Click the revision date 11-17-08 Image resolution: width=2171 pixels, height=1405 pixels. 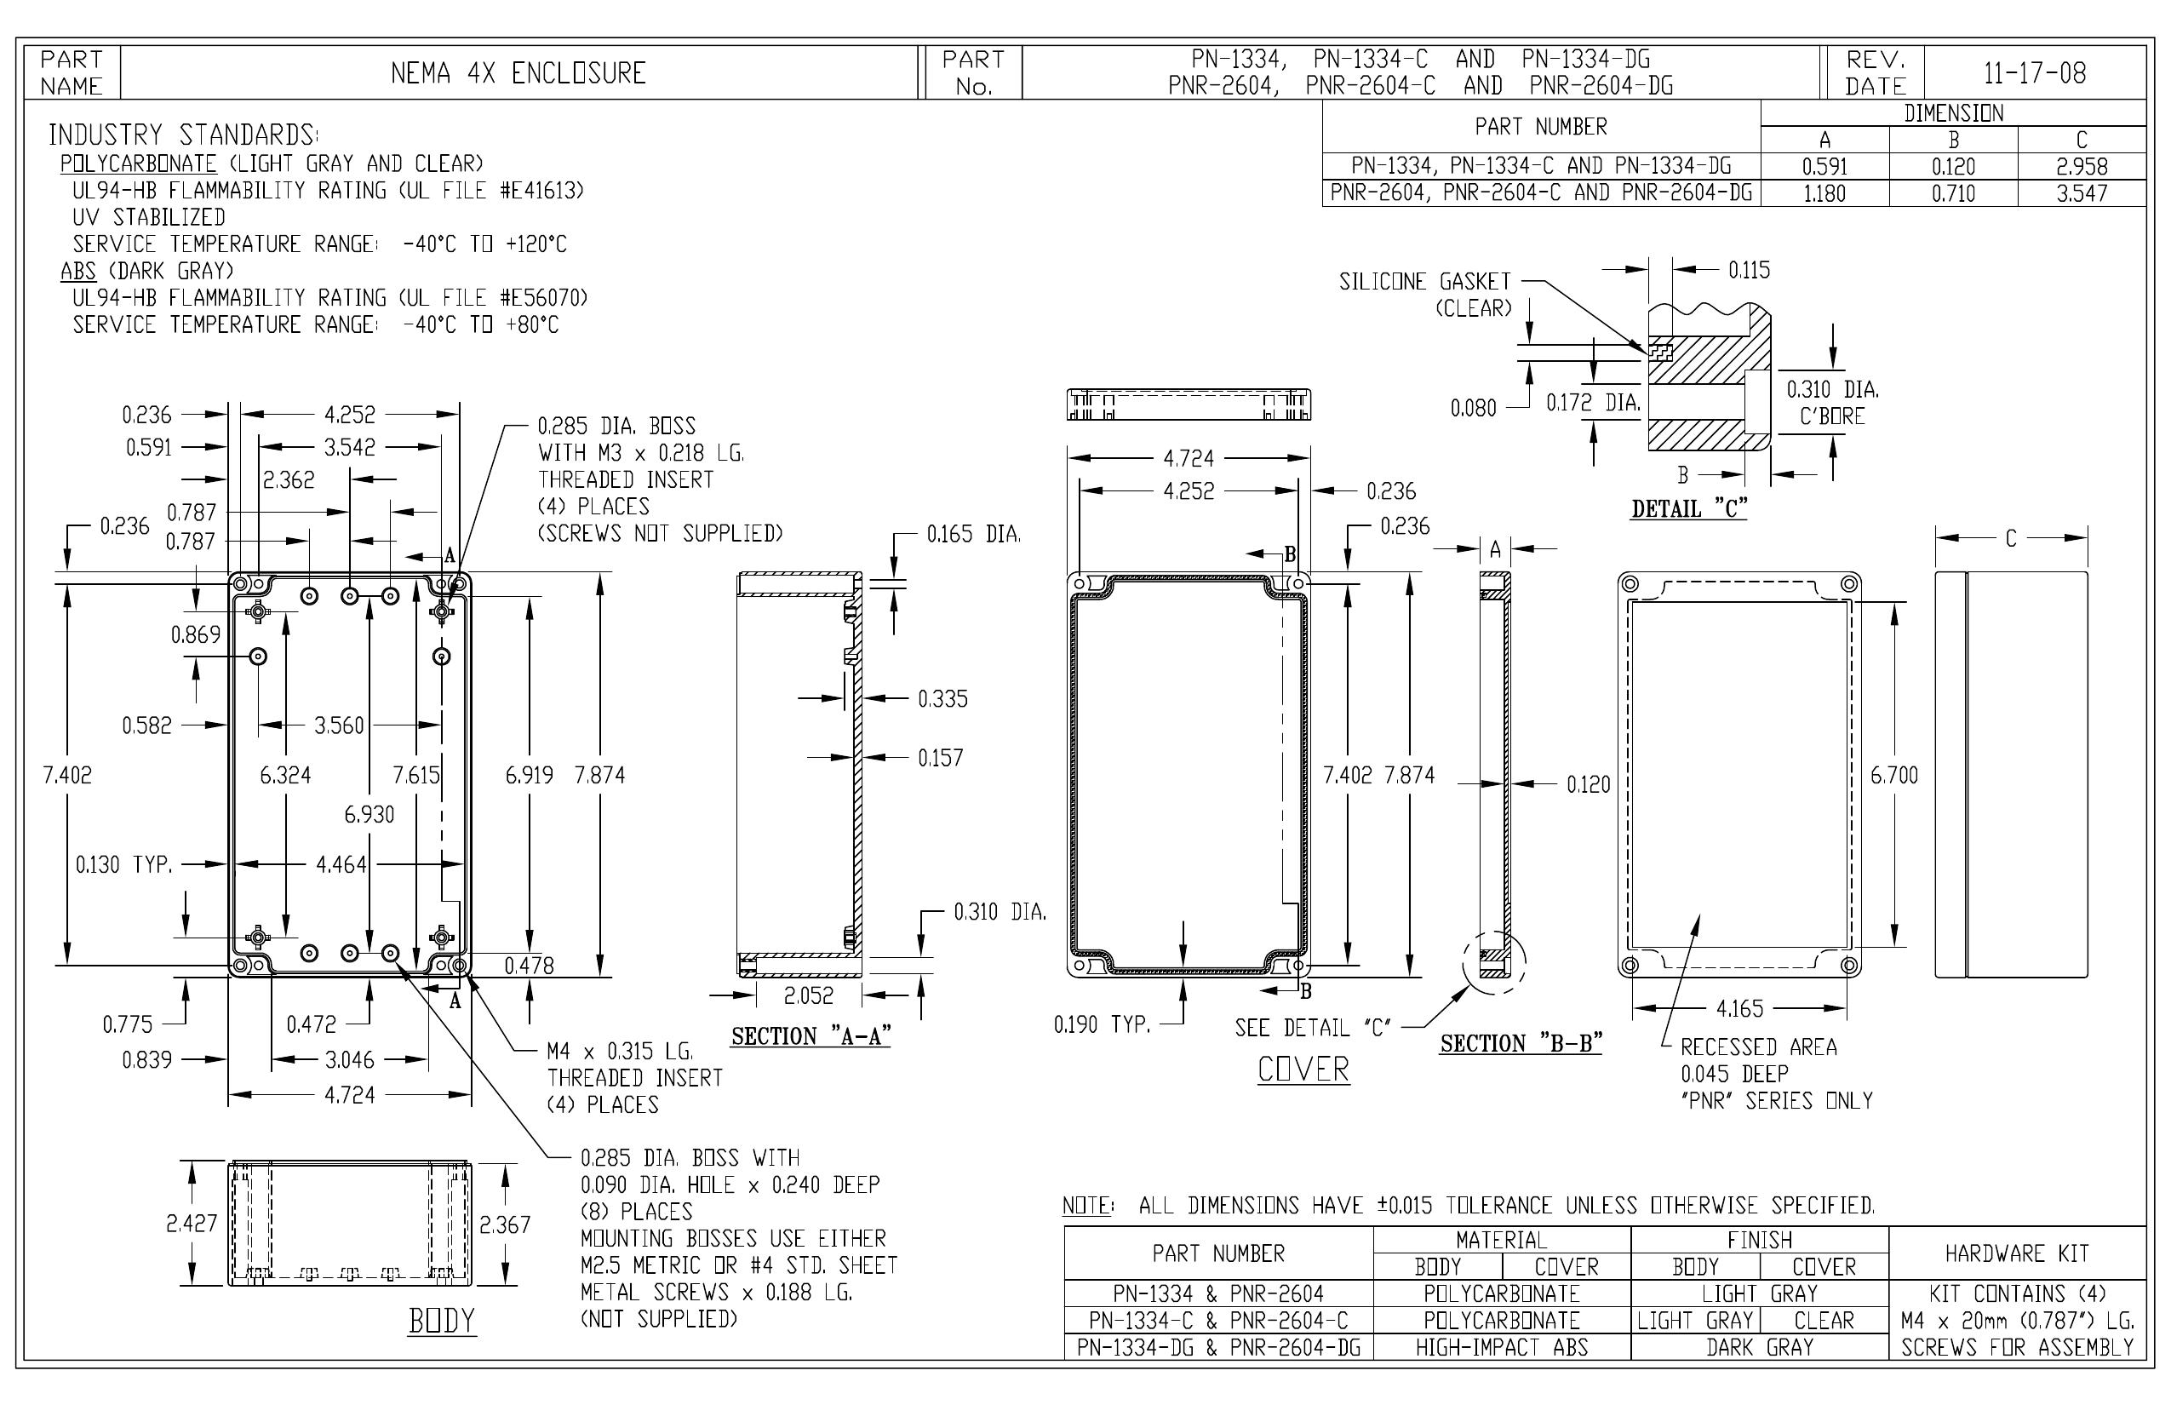(x=2034, y=73)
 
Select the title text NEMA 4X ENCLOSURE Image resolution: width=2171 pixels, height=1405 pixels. (x=518, y=73)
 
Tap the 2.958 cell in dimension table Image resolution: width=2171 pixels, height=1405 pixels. (x=2082, y=167)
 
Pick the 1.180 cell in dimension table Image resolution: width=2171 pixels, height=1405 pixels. (x=1824, y=193)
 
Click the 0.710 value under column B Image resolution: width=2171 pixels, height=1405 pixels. (x=1953, y=193)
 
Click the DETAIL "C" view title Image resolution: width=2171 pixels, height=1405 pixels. (x=1689, y=509)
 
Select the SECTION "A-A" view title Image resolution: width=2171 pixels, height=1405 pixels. (x=811, y=1036)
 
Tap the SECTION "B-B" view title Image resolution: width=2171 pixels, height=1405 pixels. (x=1521, y=1044)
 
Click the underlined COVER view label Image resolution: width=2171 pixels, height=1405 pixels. (x=1303, y=1070)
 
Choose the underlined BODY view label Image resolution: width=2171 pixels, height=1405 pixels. (x=442, y=1321)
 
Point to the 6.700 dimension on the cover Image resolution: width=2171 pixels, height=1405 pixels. (x=1893, y=776)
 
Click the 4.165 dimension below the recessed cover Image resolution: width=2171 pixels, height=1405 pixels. (x=1739, y=1009)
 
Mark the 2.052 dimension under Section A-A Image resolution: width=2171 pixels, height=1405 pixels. (x=808, y=995)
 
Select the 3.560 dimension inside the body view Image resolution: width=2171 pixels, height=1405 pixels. (x=339, y=726)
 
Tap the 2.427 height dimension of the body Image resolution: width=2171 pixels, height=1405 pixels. (x=192, y=1224)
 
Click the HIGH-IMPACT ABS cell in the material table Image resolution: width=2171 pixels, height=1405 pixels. (x=1502, y=1347)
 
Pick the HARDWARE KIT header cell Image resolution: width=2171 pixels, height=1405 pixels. (x=2017, y=1253)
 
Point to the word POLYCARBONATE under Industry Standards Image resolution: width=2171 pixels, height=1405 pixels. (x=139, y=164)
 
